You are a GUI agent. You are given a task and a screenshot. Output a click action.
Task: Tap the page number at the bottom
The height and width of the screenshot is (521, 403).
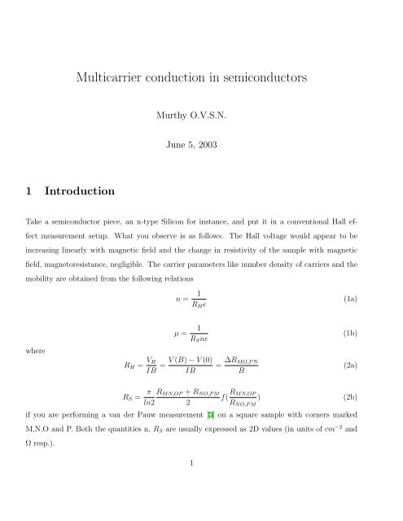click(x=200, y=487)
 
